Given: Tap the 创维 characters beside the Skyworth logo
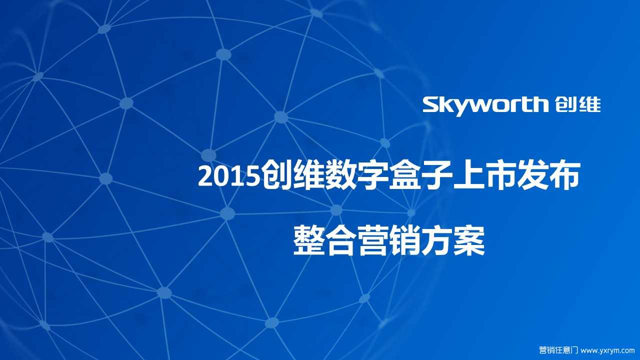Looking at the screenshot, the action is click(x=577, y=105).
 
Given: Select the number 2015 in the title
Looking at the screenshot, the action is click(x=229, y=176).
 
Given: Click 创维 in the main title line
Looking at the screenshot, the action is click(x=292, y=175).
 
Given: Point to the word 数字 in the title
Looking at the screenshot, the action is click(x=355, y=175).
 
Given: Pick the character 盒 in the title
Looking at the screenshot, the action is click(x=403, y=175).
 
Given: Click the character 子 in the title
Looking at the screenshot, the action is click(x=435, y=175).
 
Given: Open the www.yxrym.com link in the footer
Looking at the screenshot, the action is click(x=607, y=350).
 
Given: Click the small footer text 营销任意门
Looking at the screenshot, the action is click(x=558, y=350).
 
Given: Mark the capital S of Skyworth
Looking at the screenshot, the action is click(x=432, y=104).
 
